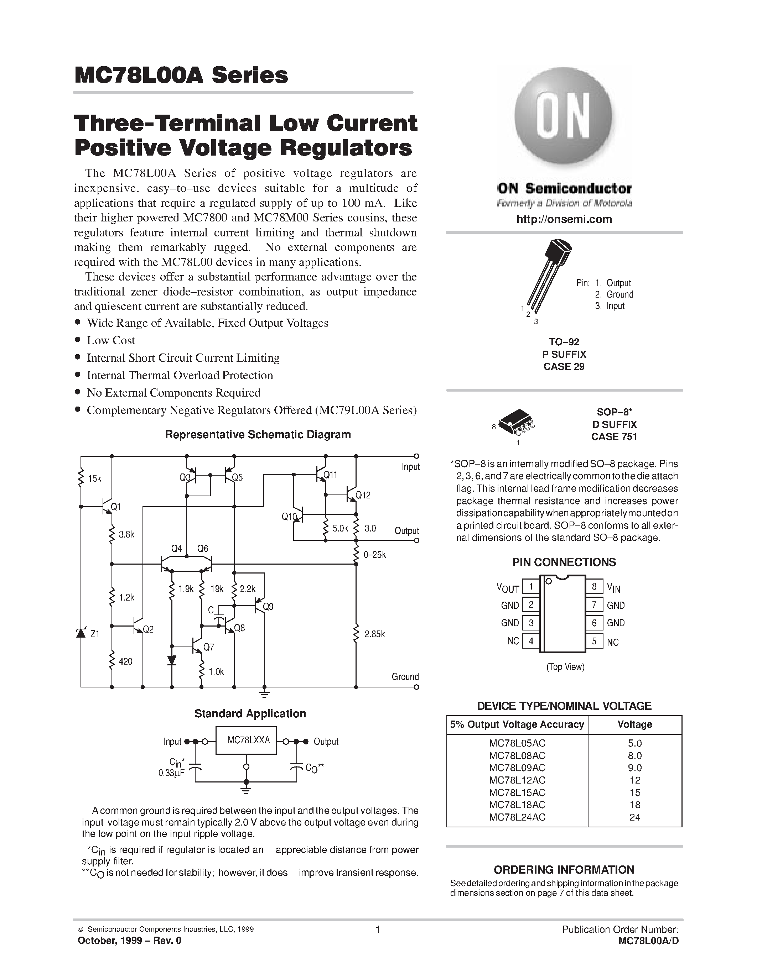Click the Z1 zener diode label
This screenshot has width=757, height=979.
[x=95, y=634]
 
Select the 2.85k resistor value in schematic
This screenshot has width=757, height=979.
[x=374, y=634]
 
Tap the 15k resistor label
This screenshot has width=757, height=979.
[x=95, y=479]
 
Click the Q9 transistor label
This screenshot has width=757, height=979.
[x=268, y=607]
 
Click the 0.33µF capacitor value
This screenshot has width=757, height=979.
[x=171, y=773]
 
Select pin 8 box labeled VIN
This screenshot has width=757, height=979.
[x=594, y=586]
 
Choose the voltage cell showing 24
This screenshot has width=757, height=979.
[x=634, y=817]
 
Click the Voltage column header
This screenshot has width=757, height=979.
[x=634, y=724]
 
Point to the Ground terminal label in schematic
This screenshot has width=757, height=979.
[x=405, y=676]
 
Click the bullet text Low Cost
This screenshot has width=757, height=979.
[x=111, y=340]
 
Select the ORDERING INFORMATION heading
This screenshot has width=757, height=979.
[x=564, y=870]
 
